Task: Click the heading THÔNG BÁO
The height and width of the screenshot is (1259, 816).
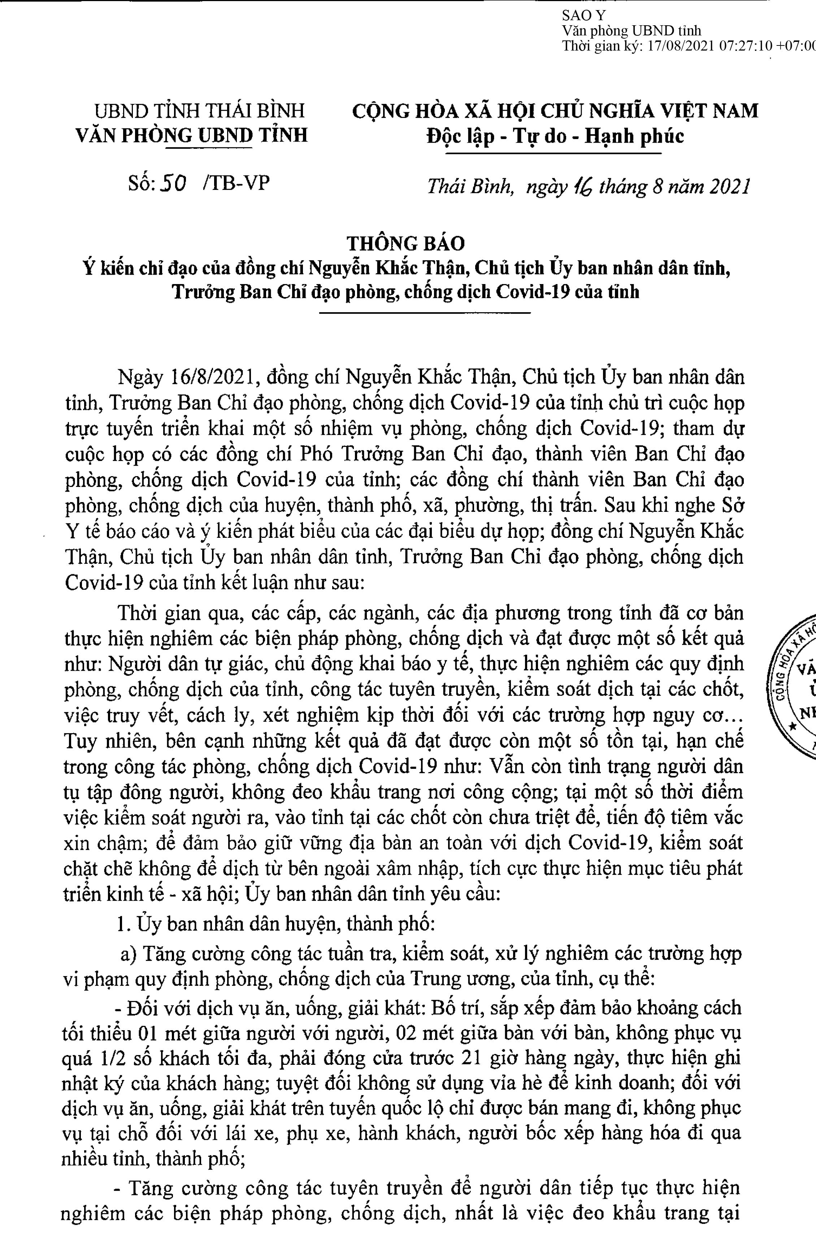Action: click(x=405, y=243)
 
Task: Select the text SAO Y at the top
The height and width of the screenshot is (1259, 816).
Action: click(x=584, y=16)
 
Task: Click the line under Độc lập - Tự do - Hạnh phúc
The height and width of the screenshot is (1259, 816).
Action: click(x=554, y=153)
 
